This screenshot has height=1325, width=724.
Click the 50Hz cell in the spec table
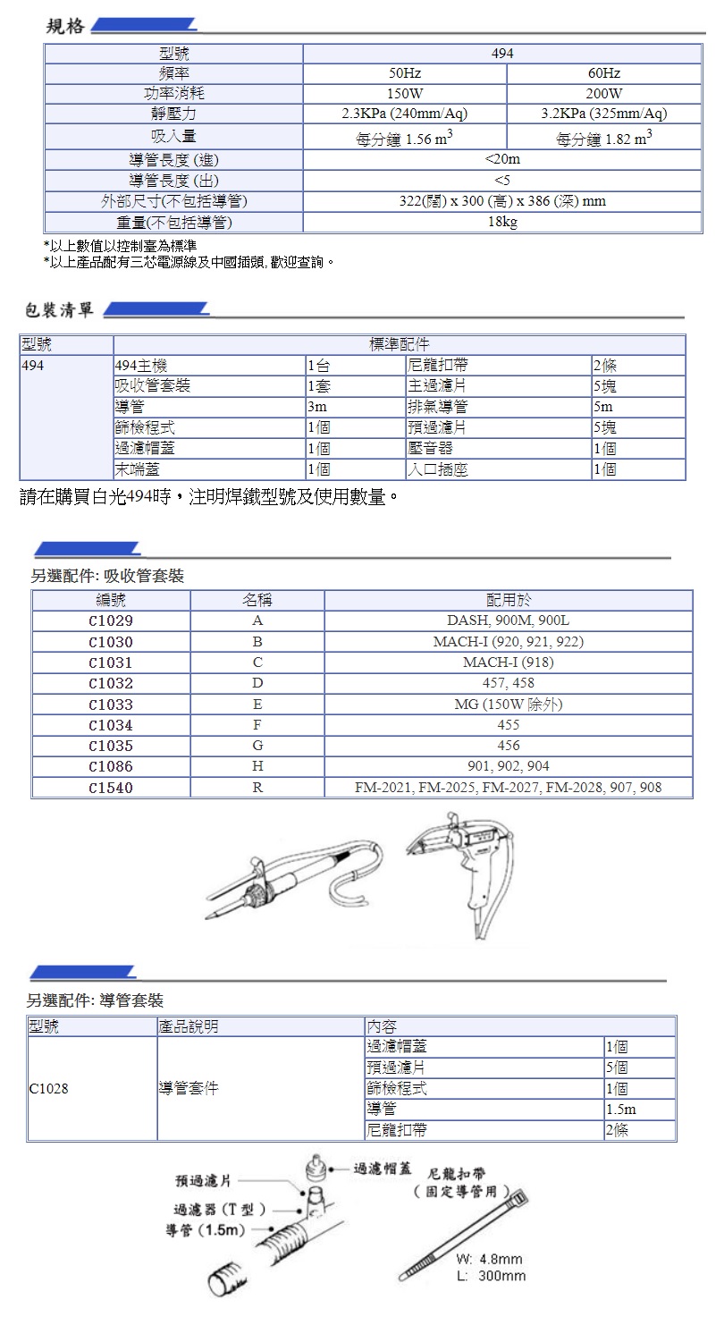pos(405,73)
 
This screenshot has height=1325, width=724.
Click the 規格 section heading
pos(65,26)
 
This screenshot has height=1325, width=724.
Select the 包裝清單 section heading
pos(60,311)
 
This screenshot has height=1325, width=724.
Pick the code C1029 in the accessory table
pos(111,620)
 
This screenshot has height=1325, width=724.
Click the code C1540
pos(111,788)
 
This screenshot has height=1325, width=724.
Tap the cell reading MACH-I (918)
pos(508,662)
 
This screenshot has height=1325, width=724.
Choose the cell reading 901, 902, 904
pos(508,766)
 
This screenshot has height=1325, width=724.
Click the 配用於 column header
pos(508,600)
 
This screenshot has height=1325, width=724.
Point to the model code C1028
pos(48,1089)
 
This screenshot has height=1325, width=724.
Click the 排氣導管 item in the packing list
pos(438,408)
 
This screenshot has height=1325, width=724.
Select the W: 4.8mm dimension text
pos(488,1259)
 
